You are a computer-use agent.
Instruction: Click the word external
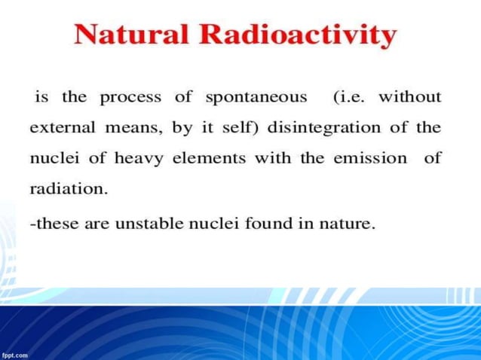62,127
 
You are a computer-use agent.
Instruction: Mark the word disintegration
325,127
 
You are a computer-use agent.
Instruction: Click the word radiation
69,188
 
